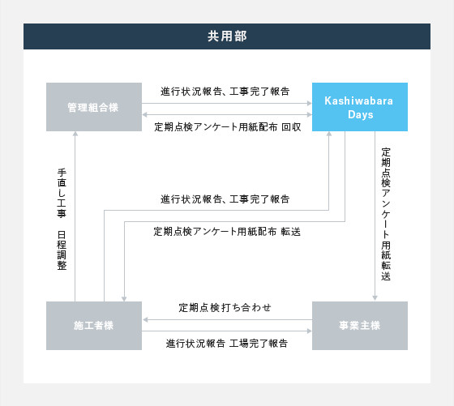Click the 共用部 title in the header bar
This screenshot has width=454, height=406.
click(x=227, y=36)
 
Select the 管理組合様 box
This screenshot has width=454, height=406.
click(x=94, y=107)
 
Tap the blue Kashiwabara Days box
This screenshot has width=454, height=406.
click(x=360, y=107)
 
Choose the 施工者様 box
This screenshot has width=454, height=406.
click(x=94, y=326)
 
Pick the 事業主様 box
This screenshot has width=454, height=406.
click(x=360, y=326)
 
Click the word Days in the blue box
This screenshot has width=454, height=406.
click(x=361, y=115)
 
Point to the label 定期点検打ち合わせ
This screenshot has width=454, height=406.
click(x=225, y=307)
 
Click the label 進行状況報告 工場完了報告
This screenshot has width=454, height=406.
click(x=227, y=344)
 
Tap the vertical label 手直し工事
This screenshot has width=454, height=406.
click(x=62, y=193)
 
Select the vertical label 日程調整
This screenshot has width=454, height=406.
click(x=62, y=250)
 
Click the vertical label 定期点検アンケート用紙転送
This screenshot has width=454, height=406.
click(x=386, y=214)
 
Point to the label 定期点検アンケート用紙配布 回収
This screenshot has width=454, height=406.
click(x=228, y=126)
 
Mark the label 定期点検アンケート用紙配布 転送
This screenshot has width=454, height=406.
click(x=227, y=232)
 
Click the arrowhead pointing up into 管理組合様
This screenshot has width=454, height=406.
click(x=75, y=134)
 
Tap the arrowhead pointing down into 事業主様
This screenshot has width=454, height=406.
click(x=375, y=298)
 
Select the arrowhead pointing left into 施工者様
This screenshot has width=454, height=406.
click(x=145, y=320)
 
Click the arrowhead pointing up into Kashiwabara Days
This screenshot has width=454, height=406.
click(x=329, y=134)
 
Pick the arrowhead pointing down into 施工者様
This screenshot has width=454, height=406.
click(x=124, y=299)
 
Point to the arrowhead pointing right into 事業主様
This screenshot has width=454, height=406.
click(x=309, y=331)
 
